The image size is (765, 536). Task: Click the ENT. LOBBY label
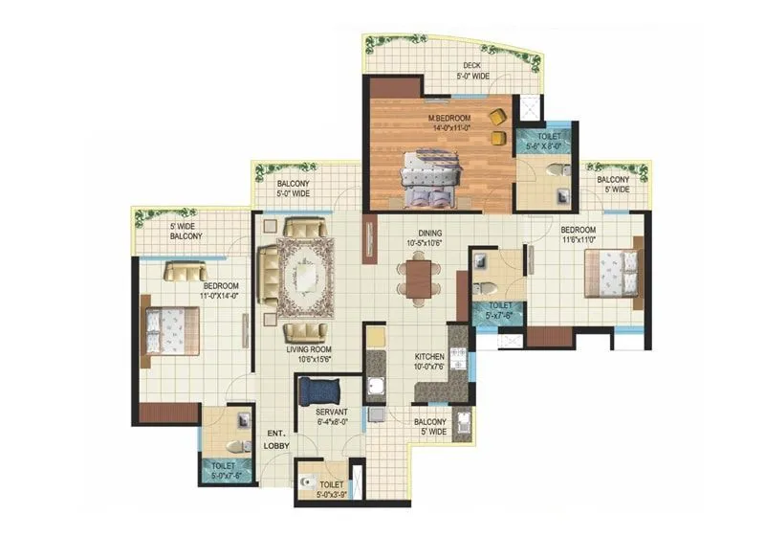coord(277,441)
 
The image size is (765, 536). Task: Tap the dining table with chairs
coord(419,280)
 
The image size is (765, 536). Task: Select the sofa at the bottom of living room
coord(305,330)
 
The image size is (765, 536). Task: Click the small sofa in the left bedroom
coord(185,271)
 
